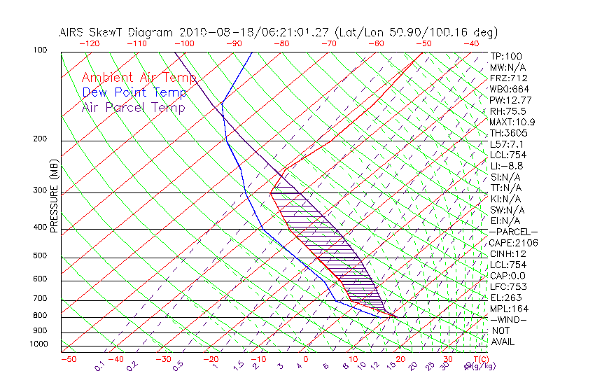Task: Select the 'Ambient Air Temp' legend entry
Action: [x=139, y=78]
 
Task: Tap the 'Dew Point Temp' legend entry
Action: [x=134, y=92]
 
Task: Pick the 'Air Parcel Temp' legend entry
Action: [x=133, y=107]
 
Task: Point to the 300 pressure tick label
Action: [x=39, y=190]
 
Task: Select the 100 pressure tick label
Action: [x=39, y=50]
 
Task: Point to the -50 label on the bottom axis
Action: [x=68, y=359]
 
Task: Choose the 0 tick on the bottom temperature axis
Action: [x=306, y=359]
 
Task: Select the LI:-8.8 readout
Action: [x=506, y=166]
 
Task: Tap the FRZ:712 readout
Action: [x=509, y=78]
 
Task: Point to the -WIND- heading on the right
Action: [x=509, y=319]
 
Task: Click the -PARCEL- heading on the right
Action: [x=513, y=232]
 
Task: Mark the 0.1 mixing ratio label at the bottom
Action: [x=99, y=366]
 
